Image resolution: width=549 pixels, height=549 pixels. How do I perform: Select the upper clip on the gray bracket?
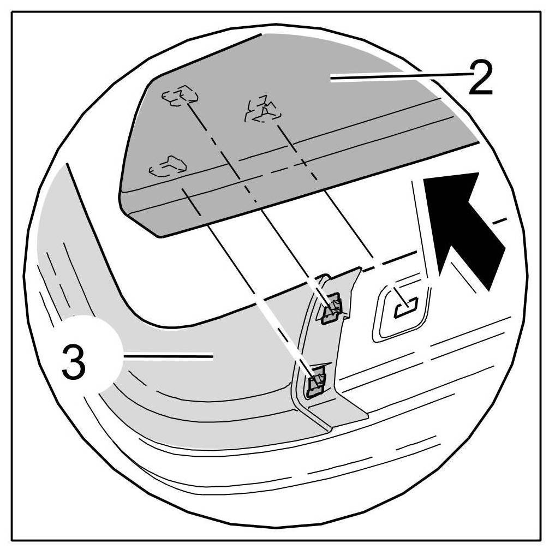(x=332, y=308)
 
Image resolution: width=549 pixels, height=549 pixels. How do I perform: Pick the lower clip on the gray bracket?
(x=315, y=380)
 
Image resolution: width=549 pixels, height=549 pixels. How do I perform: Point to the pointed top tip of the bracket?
(x=360, y=267)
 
